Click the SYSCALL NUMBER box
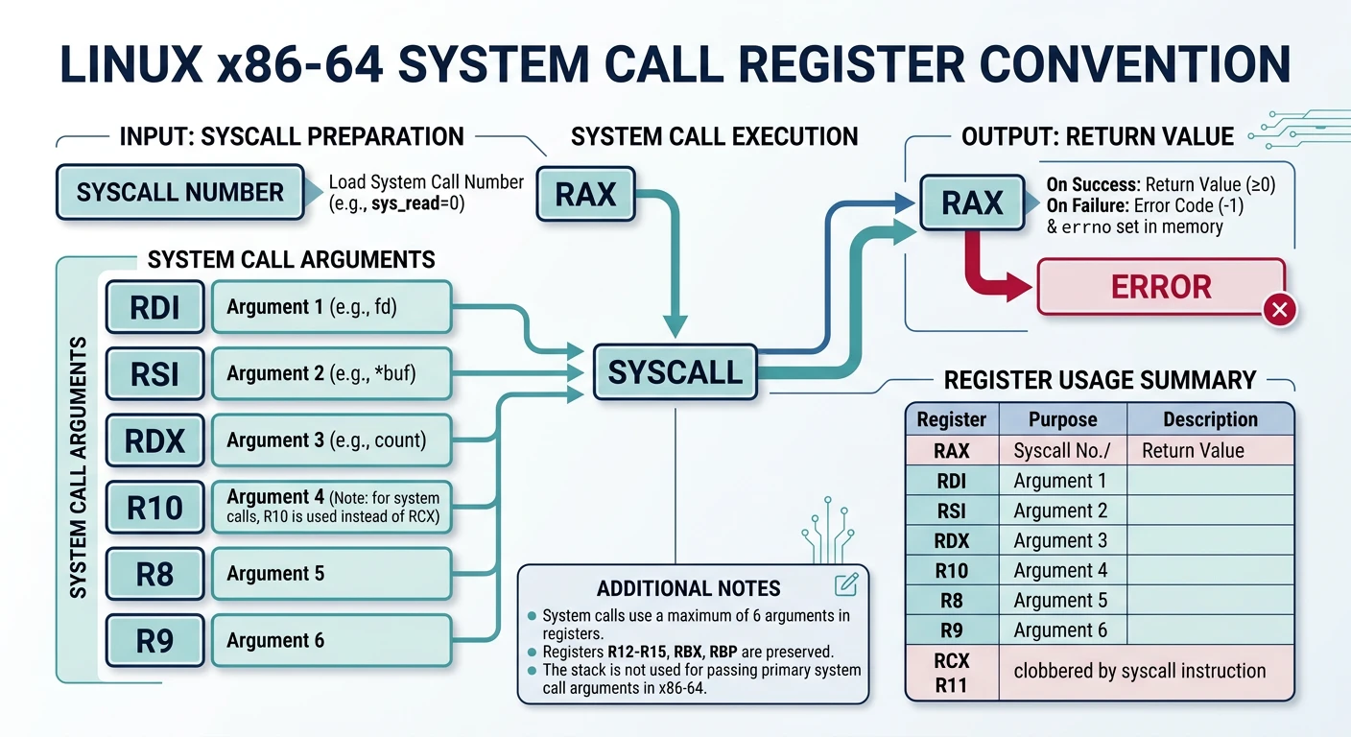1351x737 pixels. (x=179, y=192)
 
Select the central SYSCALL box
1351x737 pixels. (x=675, y=372)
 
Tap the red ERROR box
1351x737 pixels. (x=1160, y=287)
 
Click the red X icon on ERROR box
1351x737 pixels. (x=1281, y=309)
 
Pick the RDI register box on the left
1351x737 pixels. (x=154, y=307)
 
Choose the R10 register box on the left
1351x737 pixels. (x=154, y=507)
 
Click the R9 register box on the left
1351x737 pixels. (x=154, y=640)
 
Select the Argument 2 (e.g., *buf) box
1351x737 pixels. (x=330, y=373)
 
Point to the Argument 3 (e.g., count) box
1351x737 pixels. (x=330, y=440)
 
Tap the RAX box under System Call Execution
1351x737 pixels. (x=584, y=195)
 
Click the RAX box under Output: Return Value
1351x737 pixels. (x=972, y=203)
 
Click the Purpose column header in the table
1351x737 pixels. (x=1062, y=419)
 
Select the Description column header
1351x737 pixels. (x=1209, y=419)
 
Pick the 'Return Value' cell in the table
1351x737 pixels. (x=1193, y=450)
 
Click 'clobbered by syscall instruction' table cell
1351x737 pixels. (x=1140, y=671)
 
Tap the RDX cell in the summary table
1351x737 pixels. (x=952, y=540)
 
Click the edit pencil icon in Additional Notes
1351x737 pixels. (x=845, y=584)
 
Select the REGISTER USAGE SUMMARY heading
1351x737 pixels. (x=1100, y=380)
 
